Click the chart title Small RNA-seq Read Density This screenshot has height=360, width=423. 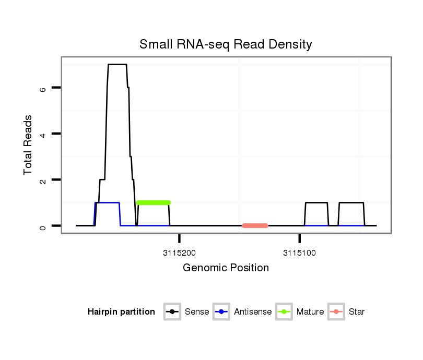click(226, 44)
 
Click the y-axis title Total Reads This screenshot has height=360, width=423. click(28, 145)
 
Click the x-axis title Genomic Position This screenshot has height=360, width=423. click(226, 268)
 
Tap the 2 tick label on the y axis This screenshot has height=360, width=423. click(43, 180)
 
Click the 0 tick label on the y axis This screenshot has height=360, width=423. click(43, 226)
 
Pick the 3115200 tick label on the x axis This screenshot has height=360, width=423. click(179, 254)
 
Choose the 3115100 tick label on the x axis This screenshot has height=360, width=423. click(299, 254)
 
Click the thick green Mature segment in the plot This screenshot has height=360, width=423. click(154, 202)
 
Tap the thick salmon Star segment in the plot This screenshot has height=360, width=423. click(255, 225)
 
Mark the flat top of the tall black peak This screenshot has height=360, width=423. click(117, 64)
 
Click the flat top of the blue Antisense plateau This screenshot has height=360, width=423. click(108, 202)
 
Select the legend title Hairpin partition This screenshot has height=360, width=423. click(121, 312)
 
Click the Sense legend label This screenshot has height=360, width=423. click(197, 312)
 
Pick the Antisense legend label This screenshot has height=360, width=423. click(253, 312)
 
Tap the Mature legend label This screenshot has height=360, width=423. click(310, 312)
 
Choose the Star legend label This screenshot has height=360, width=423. click(357, 312)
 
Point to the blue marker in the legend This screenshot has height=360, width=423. click(222, 312)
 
